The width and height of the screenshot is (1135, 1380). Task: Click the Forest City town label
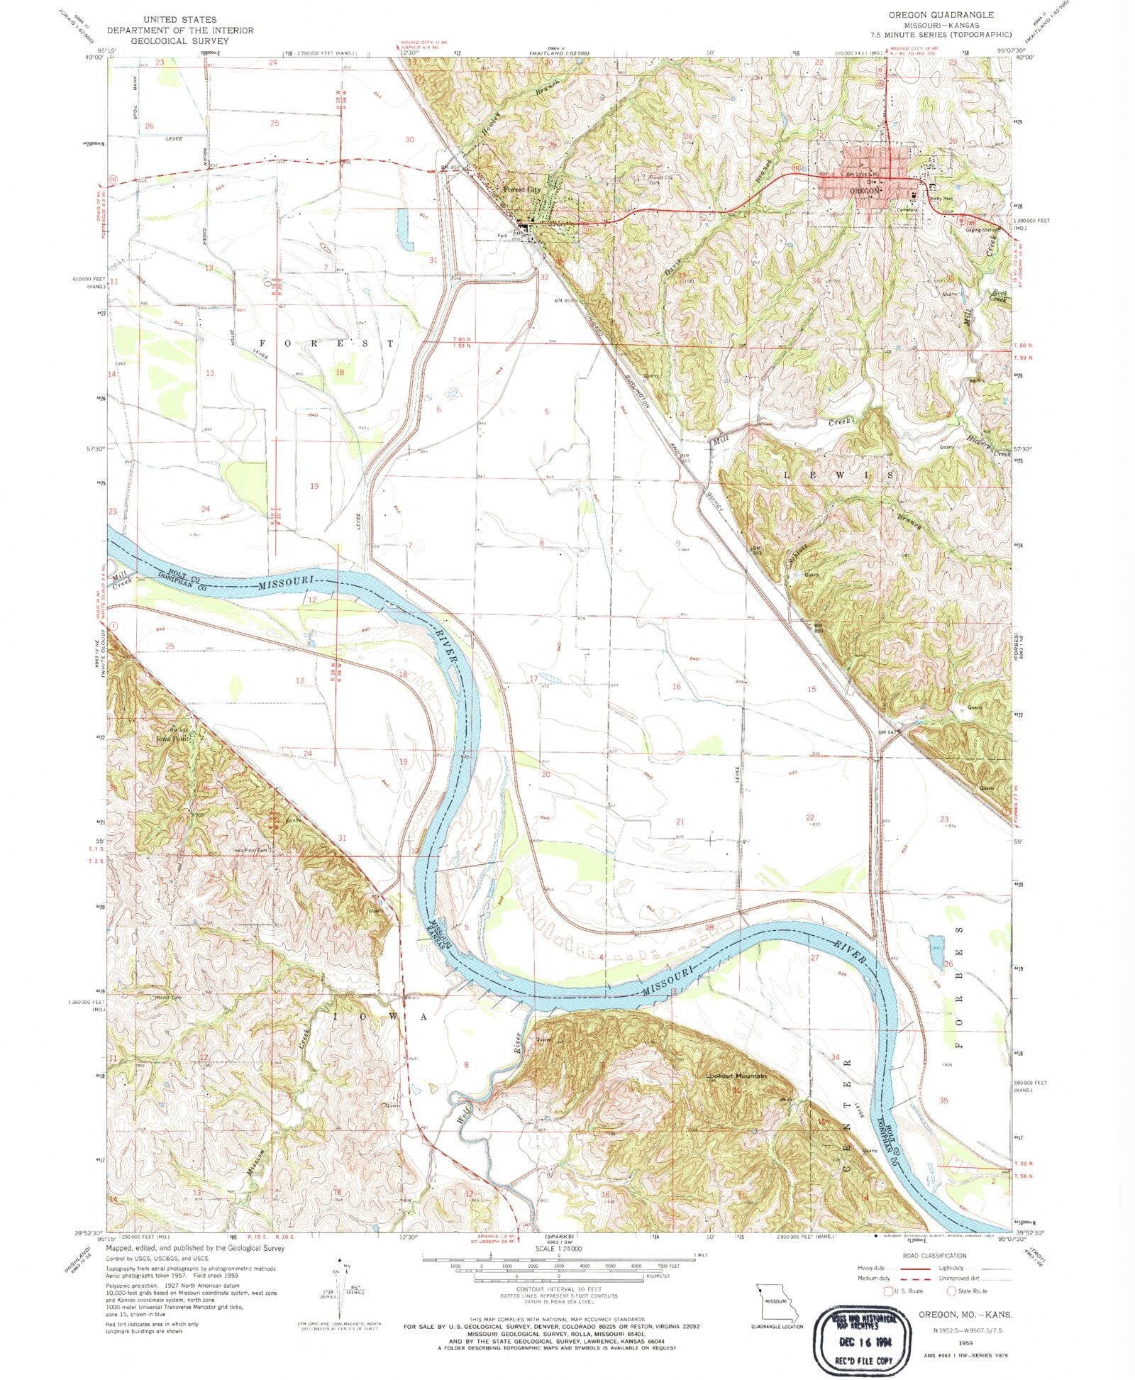pyautogui.click(x=521, y=190)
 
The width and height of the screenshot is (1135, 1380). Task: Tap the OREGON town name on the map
pyautogui.click(x=864, y=191)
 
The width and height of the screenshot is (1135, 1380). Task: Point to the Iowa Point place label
pyautogui.click(x=172, y=737)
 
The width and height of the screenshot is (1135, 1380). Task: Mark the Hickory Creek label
pyautogui.click(x=987, y=446)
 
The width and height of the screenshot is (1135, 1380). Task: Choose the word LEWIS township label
pyautogui.click(x=837, y=473)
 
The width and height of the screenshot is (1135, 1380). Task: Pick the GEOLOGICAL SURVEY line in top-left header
pyautogui.click(x=167, y=40)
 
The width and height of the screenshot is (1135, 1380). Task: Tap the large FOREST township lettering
pyautogui.click(x=326, y=343)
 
